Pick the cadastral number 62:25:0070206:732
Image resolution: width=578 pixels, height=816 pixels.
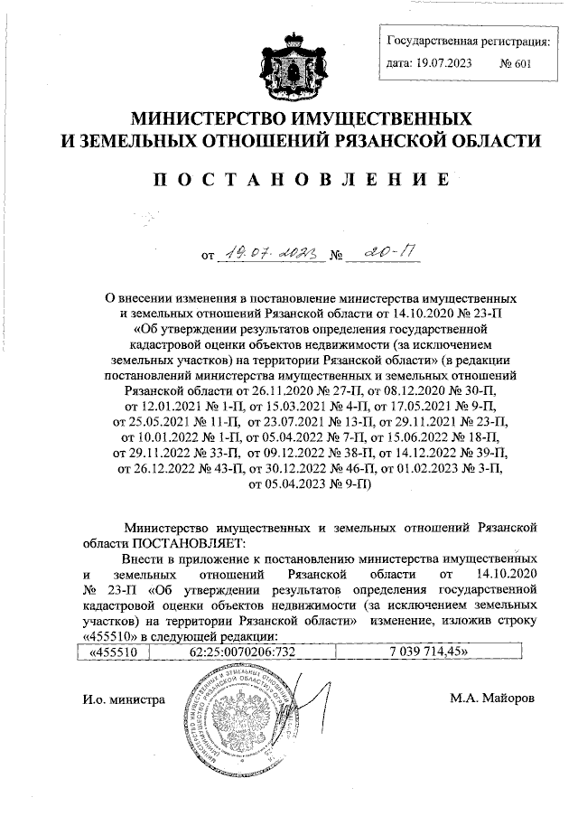coord(243,649)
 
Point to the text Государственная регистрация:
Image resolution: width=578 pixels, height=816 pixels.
coord(467,41)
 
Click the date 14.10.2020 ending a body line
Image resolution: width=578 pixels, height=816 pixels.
coord(505,574)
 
